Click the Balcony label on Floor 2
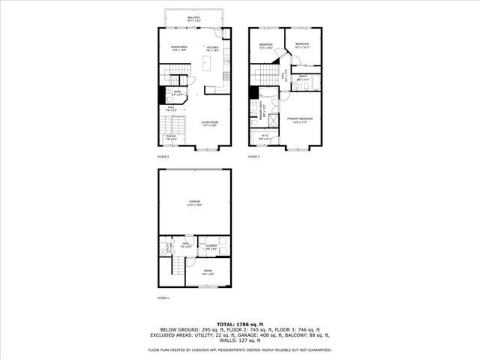193,19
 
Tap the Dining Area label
178,49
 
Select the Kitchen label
212,49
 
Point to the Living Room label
209,123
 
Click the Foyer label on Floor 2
171,137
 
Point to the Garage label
194,202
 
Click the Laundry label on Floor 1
211,246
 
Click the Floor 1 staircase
178,270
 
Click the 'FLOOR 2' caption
163,157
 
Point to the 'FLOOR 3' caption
254,157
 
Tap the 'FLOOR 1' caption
163,298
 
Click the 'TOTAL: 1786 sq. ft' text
240,323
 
